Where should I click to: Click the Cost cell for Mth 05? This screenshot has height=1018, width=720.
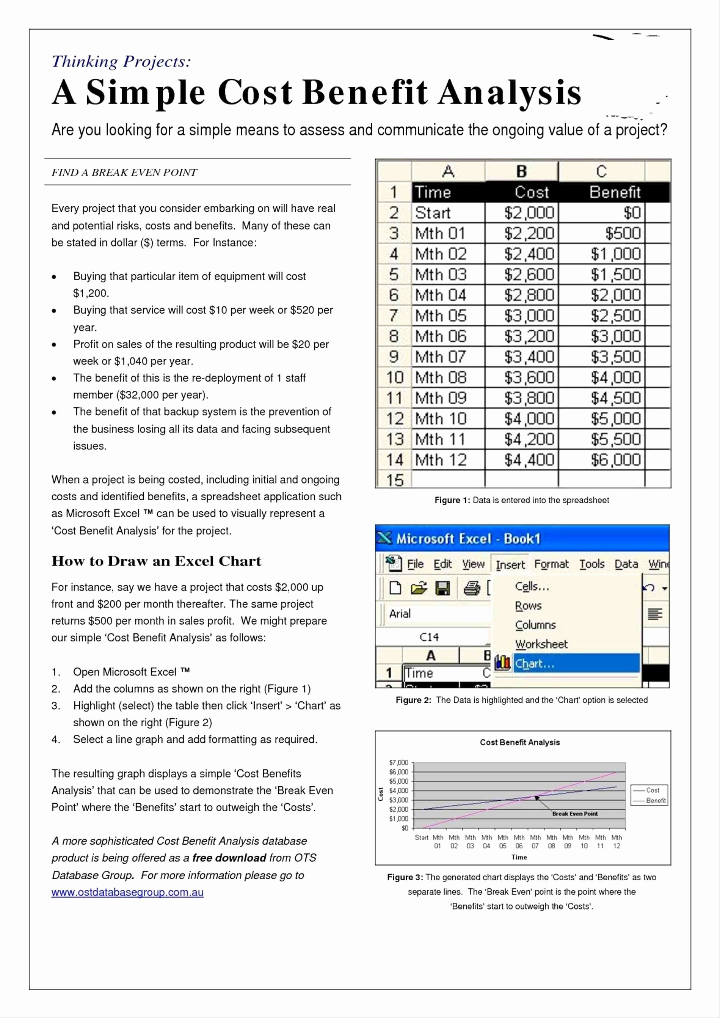pyautogui.click(x=529, y=316)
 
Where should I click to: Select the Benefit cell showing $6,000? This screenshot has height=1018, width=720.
pyautogui.click(x=615, y=460)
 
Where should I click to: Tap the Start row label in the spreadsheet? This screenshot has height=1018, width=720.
pyautogui.click(x=433, y=213)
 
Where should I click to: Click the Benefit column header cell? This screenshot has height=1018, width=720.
pyautogui.click(x=615, y=192)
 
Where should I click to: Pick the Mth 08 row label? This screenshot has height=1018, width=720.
pyautogui.click(x=440, y=377)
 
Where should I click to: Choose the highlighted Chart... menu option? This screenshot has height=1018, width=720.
pyautogui.click(x=534, y=664)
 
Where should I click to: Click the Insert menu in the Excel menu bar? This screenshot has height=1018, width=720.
pyautogui.click(x=510, y=564)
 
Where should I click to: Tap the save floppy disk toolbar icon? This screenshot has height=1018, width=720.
pyautogui.click(x=442, y=588)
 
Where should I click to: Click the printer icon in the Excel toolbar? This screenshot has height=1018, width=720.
pyautogui.click(x=472, y=588)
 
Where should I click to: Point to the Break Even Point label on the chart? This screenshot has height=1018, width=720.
pyautogui.click(x=574, y=814)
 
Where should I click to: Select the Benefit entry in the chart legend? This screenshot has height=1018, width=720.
pyautogui.click(x=655, y=800)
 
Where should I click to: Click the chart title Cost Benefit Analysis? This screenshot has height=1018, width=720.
pyautogui.click(x=519, y=742)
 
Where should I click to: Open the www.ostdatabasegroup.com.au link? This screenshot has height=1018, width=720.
pyautogui.click(x=127, y=892)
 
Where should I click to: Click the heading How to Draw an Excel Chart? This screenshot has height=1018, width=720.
pyautogui.click(x=156, y=561)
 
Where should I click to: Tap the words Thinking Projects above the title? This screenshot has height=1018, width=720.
pyautogui.click(x=121, y=61)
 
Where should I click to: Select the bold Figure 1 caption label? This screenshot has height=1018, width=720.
pyautogui.click(x=452, y=500)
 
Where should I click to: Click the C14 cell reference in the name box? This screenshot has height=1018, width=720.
pyautogui.click(x=429, y=637)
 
